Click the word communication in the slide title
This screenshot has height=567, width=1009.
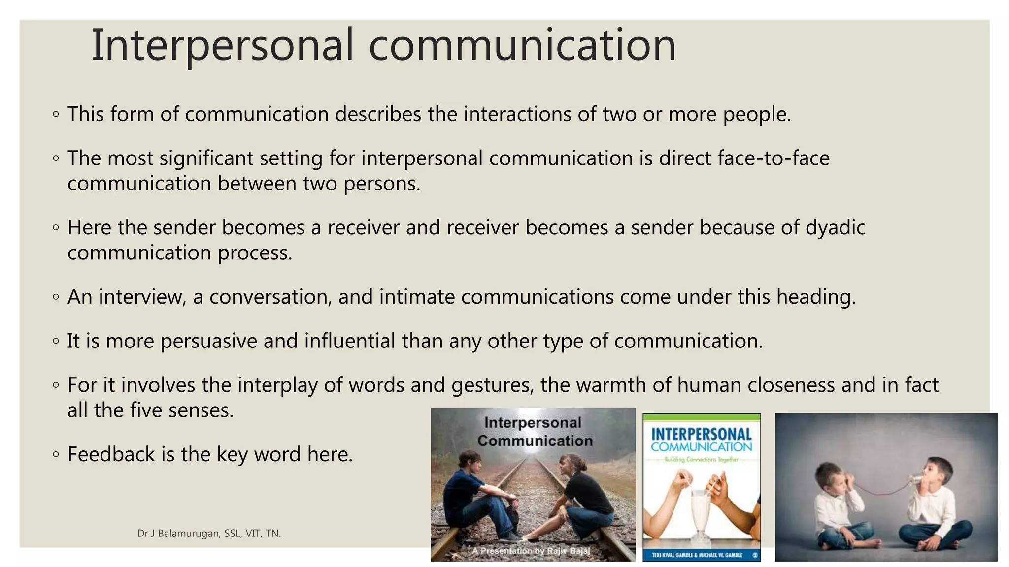522,45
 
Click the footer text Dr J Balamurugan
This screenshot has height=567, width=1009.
179,534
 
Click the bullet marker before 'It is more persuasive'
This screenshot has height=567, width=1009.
56,341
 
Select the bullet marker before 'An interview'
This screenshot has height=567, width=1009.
56,297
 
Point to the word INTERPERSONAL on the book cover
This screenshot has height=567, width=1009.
701,434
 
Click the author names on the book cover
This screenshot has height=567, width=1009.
697,555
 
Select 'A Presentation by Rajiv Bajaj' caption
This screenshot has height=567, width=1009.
531,551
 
